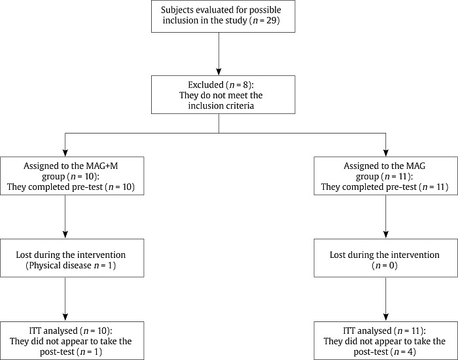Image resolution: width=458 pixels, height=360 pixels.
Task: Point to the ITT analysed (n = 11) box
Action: click(x=385, y=340)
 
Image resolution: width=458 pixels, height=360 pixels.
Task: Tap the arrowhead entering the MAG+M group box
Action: click(x=65, y=153)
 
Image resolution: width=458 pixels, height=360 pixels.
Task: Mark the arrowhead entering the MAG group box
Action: click(x=385, y=153)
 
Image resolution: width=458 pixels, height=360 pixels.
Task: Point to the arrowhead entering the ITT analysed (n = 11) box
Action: click(x=385, y=317)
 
